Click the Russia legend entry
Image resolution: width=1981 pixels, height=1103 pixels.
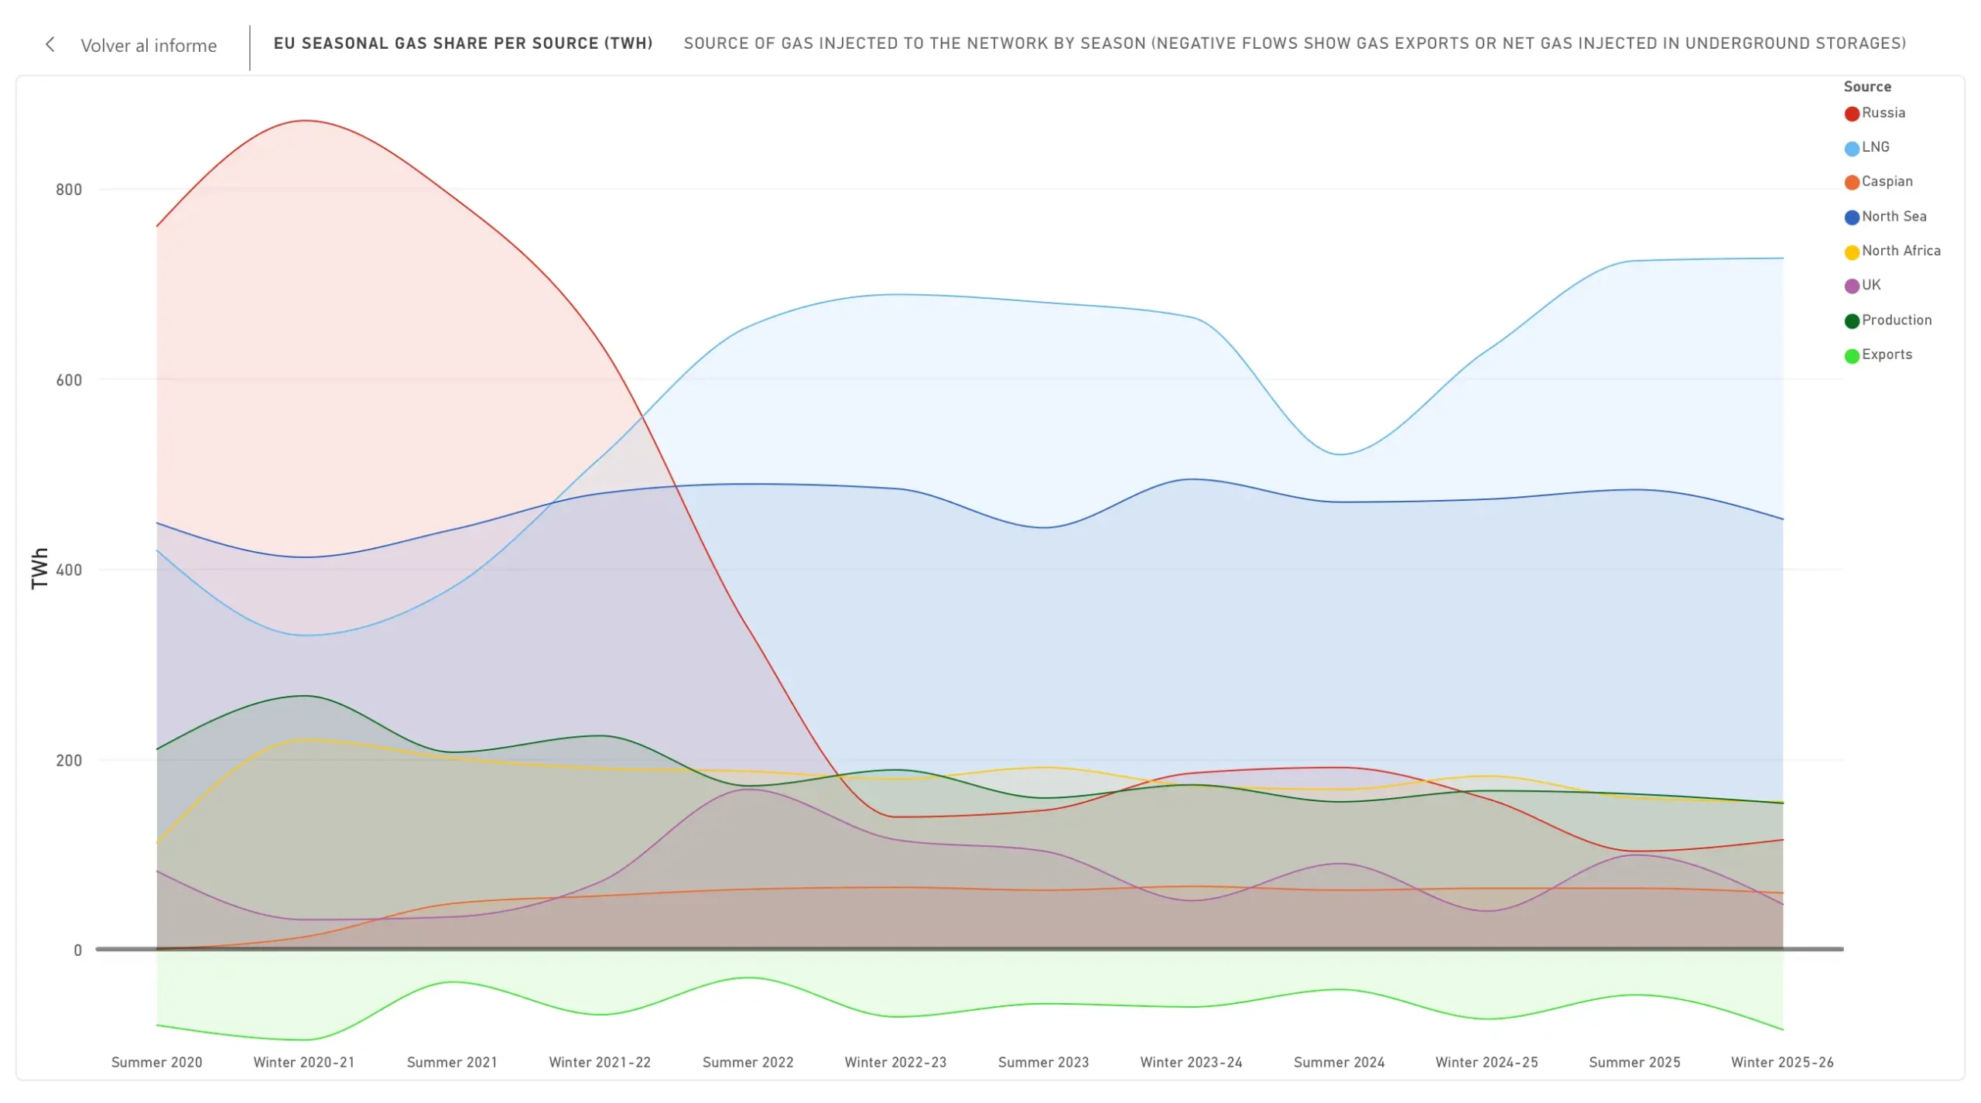point(1875,113)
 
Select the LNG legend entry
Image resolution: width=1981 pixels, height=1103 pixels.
point(1867,147)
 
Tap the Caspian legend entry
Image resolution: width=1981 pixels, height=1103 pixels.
point(1879,182)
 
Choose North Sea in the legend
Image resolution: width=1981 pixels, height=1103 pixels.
point(1886,217)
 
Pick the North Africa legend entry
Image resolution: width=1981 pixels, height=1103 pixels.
point(1893,251)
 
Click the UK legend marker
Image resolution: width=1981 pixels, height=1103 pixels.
point(1852,286)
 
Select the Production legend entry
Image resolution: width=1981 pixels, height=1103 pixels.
point(1888,320)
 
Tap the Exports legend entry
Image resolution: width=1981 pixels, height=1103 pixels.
point(1879,355)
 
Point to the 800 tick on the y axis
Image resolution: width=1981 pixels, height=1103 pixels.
point(69,190)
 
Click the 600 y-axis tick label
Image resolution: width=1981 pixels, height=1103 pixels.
point(69,380)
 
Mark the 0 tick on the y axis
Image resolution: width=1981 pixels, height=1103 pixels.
point(77,951)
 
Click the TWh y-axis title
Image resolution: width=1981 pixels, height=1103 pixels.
point(39,569)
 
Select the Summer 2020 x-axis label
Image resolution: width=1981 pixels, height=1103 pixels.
point(157,1063)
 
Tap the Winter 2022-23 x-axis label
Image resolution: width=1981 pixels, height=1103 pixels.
point(895,1063)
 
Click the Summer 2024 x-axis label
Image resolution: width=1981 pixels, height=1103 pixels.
point(1339,1063)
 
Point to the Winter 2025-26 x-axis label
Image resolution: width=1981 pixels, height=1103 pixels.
point(1782,1063)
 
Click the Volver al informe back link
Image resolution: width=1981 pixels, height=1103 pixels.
point(149,46)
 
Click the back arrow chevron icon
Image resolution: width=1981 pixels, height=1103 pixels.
point(50,45)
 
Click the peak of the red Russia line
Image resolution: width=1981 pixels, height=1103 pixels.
point(306,121)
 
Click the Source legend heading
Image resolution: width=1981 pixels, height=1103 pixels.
point(1867,87)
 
